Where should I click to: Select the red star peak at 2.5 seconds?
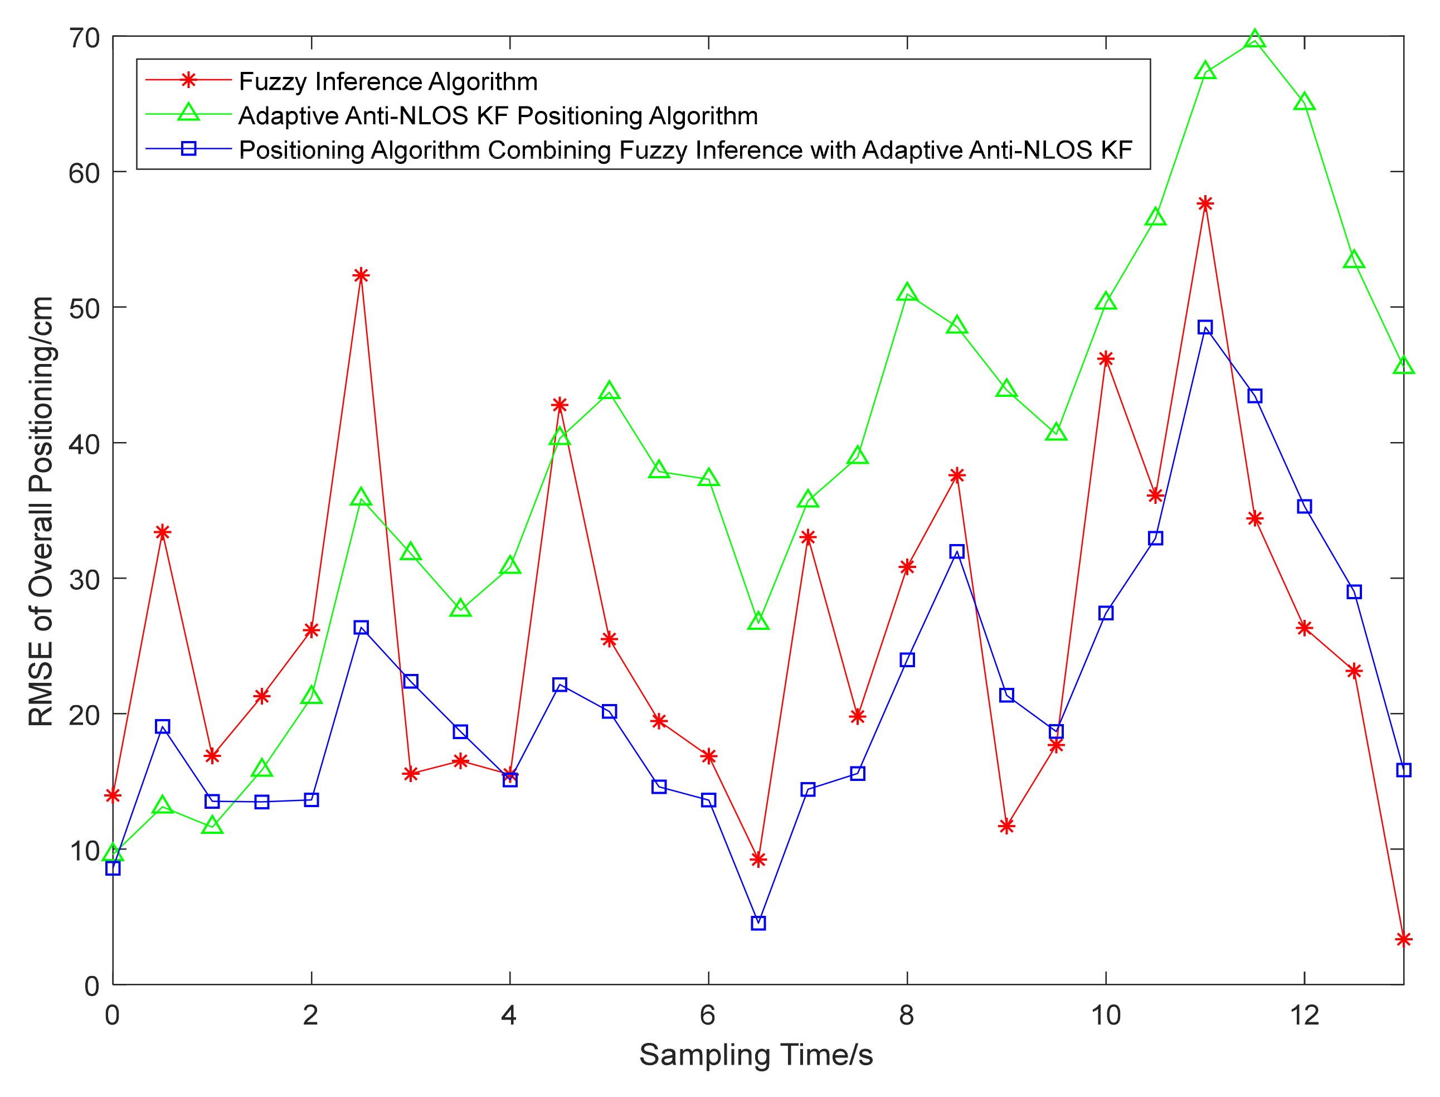361,275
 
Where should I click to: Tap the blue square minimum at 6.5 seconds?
758,923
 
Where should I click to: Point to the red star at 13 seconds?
1403,940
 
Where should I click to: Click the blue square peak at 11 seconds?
1205,327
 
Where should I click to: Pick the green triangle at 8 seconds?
907,294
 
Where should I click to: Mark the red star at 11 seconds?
1205,203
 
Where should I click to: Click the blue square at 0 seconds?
113,868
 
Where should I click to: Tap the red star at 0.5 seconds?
163,533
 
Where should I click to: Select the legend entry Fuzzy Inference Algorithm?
388,81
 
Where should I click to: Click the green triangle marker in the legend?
189,113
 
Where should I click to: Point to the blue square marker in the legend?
189,149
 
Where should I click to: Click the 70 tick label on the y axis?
84,38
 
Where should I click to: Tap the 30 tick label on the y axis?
84,579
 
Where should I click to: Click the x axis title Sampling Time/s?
756,1055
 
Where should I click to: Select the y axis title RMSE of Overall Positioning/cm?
41,511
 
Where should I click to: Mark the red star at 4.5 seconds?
560,405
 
